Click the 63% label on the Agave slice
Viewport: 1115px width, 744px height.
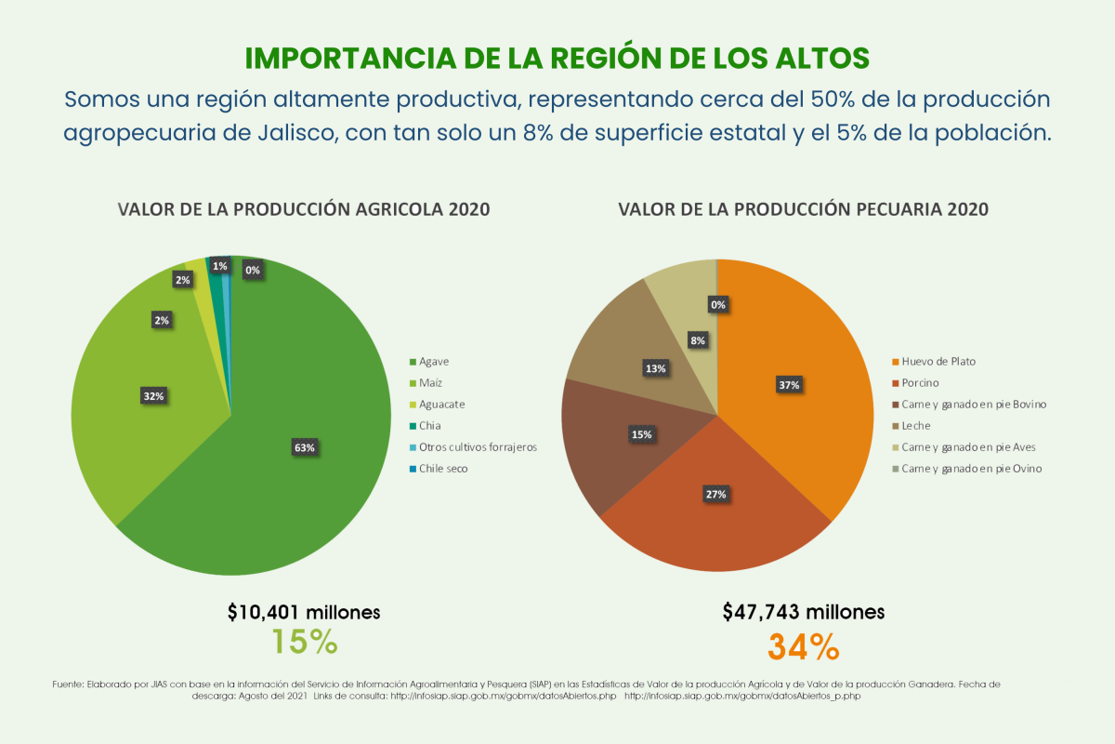pos(304,447)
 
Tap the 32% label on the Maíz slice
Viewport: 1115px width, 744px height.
pos(154,396)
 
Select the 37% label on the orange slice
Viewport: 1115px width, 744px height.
pos(789,385)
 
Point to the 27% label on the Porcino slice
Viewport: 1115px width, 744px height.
pos(715,495)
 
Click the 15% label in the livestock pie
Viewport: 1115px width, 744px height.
pos(642,434)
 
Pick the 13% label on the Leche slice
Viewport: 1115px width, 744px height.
pos(656,369)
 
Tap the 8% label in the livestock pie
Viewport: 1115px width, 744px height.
pos(698,340)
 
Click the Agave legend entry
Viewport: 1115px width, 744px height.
pos(429,362)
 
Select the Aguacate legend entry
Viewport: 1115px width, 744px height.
pos(437,405)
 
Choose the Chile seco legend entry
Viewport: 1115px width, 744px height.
pos(439,469)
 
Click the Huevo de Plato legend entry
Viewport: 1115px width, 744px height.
pos(934,362)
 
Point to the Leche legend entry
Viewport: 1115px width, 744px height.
pos(912,426)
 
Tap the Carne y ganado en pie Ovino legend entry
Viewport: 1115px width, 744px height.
pos(967,469)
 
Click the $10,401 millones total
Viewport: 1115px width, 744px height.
pos(304,612)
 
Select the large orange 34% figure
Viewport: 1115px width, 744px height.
pos(804,647)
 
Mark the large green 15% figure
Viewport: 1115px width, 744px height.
pos(305,642)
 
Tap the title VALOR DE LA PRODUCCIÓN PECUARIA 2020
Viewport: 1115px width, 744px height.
pos(804,209)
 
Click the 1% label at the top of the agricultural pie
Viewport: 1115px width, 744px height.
pos(219,266)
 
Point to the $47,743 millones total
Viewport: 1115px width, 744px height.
pos(804,612)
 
